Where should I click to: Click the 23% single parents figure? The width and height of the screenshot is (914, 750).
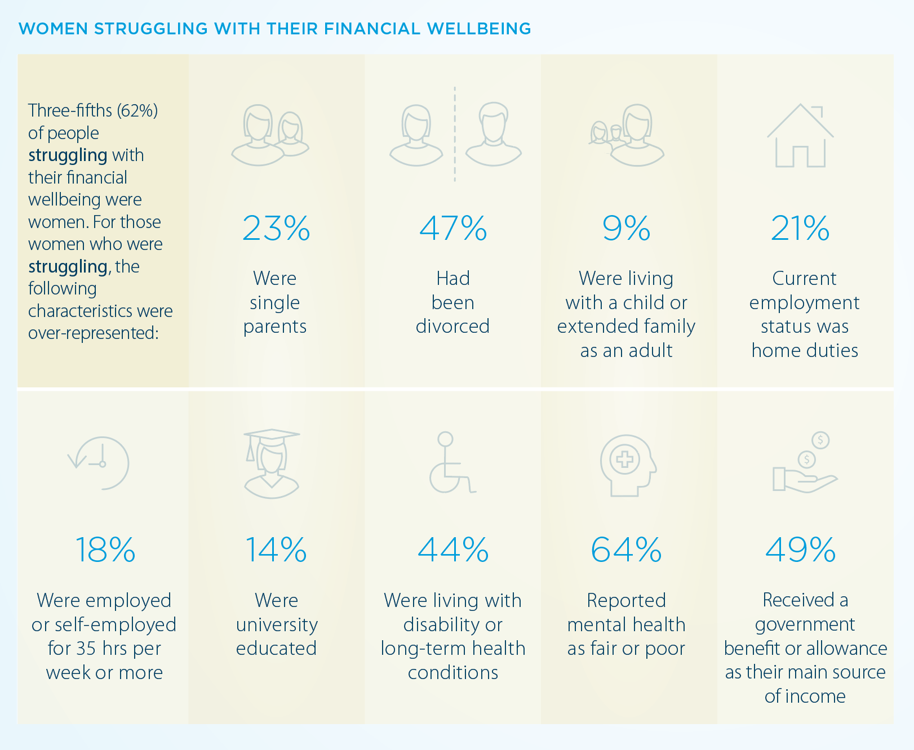click(276, 228)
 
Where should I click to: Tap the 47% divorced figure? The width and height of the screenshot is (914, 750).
click(453, 228)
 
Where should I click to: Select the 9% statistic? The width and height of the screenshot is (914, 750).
click(626, 228)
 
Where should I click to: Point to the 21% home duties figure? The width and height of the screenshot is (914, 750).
click(800, 228)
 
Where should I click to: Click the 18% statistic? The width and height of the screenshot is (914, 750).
click(105, 550)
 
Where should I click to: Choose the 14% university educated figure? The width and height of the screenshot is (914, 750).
click(276, 550)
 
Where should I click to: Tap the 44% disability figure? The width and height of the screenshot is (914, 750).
click(453, 550)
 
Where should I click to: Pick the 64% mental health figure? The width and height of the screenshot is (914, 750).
click(626, 550)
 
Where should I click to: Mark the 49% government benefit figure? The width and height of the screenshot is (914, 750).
click(800, 550)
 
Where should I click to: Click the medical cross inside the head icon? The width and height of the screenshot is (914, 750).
click(624, 459)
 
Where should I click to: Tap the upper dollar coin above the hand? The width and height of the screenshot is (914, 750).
click(820, 440)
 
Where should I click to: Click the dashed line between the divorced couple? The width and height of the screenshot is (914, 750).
click(455, 134)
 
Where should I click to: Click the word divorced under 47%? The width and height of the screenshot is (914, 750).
click(452, 327)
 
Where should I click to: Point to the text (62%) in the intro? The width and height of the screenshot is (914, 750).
click(137, 110)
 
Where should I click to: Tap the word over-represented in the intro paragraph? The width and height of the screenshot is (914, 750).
click(94, 333)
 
